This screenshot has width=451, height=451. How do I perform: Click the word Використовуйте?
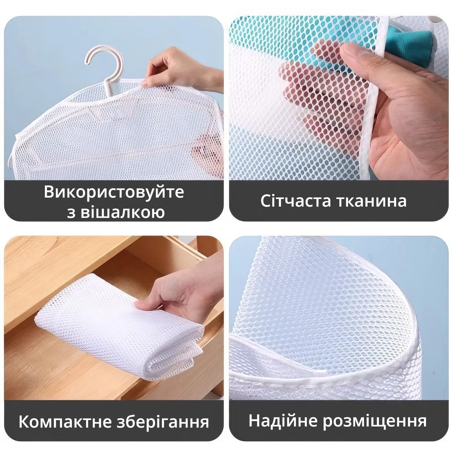114,192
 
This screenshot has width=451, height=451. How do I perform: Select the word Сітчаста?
295,201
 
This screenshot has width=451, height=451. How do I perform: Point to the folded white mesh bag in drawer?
118,330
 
